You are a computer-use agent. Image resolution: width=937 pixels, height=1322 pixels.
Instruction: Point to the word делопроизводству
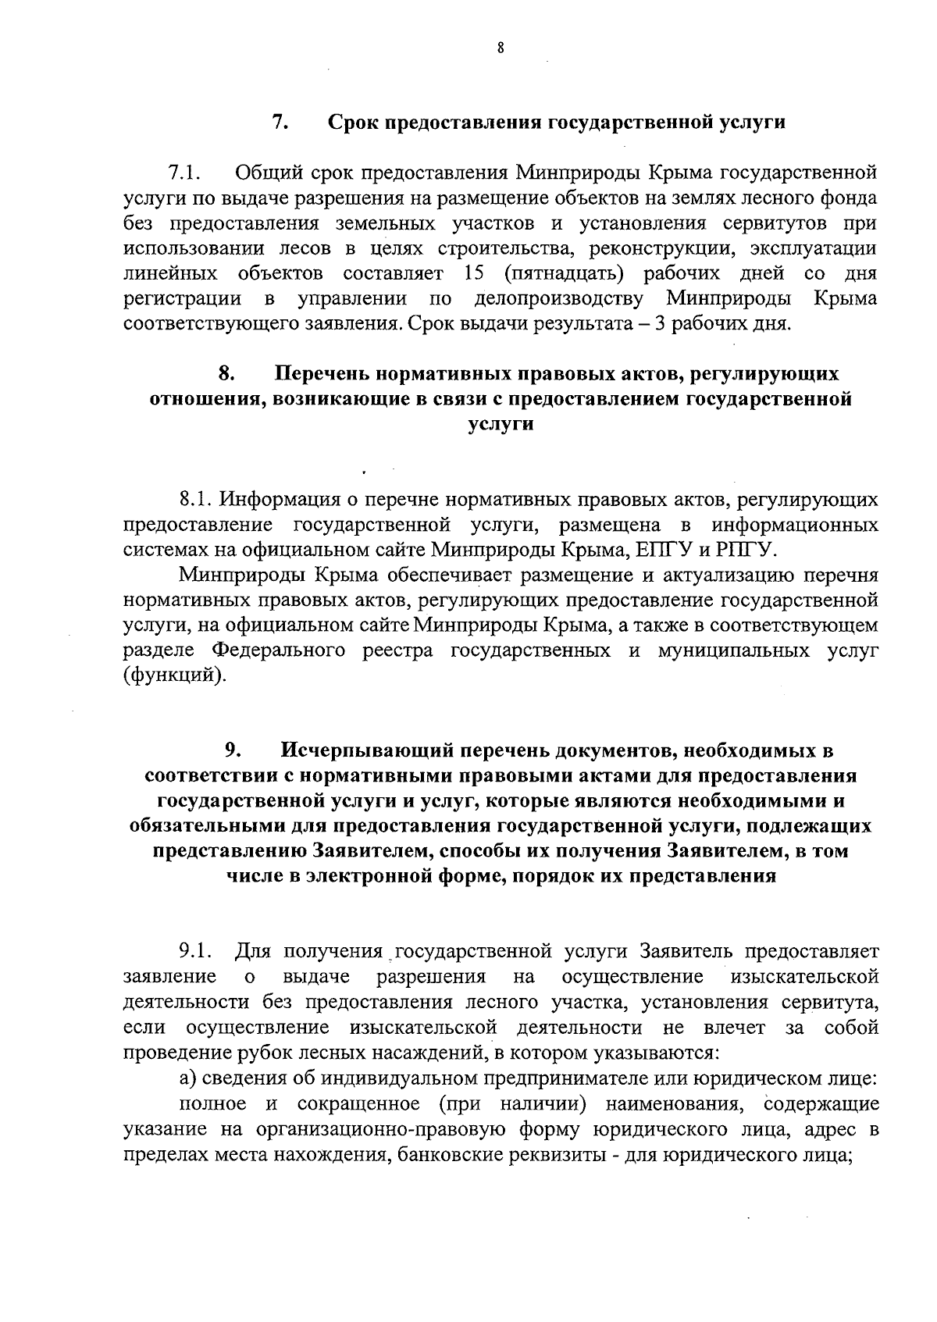559,299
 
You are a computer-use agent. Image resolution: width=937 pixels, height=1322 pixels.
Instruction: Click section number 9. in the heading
233,751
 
